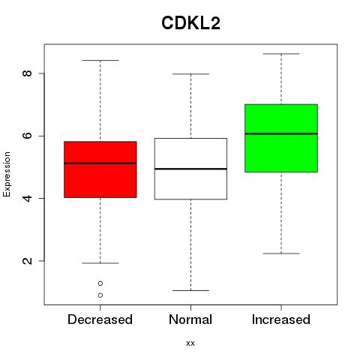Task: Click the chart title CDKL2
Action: pos(190,23)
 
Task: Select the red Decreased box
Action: pos(100,169)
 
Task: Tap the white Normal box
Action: pos(190,169)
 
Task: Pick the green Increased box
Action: pos(281,138)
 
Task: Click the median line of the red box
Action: pos(100,163)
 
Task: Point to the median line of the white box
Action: pos(190,169)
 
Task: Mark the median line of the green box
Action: pos(281,133)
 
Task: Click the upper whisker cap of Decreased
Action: pos(100,60)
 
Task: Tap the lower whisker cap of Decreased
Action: pos(100,263)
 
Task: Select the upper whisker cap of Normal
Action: pos(190,74)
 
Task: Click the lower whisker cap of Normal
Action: pos(190,290)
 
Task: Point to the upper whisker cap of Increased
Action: pos(281,54)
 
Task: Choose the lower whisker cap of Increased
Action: pos(281,253)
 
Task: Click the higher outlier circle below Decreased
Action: pos(100,283)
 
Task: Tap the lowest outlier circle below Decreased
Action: pos(100,295)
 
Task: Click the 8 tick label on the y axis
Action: pos(27,73)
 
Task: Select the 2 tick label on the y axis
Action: pos(27,261)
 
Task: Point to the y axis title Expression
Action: pos(7,174)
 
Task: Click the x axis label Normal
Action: pos(190,319)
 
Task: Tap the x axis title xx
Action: pos(190,343)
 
